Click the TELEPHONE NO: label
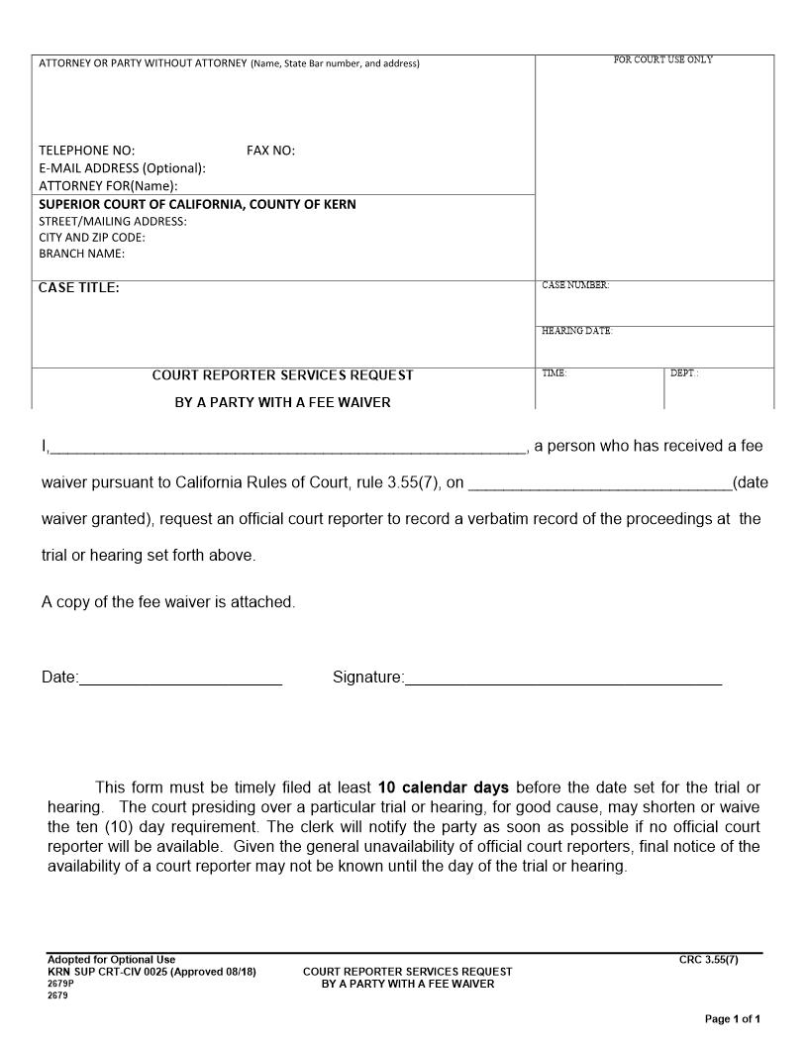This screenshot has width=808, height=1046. (87, 151)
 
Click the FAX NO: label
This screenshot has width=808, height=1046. (270, 151)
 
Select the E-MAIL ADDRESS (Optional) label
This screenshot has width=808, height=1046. (122, 168)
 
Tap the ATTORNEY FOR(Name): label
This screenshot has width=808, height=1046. (108, 185)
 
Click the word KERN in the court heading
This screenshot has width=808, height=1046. (339, 204)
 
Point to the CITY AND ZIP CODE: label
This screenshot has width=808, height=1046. (92, 238)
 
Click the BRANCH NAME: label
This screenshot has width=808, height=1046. (81, 254)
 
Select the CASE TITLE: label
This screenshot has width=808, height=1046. (78, 288)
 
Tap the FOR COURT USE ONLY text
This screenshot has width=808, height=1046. (662, 59)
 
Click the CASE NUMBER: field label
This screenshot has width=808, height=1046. (575, 285)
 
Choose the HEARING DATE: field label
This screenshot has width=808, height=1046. (577, 331)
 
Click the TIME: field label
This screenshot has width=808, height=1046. (554, 373)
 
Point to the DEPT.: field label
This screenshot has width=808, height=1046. (684, 373)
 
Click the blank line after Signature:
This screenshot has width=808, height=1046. (562, 680)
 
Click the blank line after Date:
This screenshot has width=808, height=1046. (180, 680)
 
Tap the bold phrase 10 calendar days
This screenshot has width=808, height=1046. (444, 788)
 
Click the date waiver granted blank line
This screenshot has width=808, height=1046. (599, 484)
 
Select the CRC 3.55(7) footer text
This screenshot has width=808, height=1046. (708, 959)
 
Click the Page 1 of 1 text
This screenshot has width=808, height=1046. (732, 1018)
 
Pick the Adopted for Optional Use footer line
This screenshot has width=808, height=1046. (111, 959)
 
